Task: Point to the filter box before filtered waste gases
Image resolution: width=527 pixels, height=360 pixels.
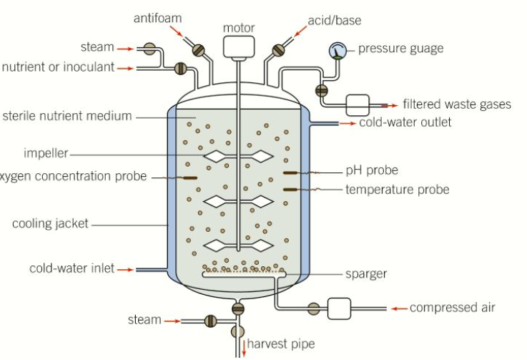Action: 356,104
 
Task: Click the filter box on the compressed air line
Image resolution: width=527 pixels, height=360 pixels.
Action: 338,308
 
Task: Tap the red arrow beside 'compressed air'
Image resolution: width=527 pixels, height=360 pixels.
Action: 398,308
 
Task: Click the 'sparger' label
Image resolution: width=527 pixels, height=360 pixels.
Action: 365,273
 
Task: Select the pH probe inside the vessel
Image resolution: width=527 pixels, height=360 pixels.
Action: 292,172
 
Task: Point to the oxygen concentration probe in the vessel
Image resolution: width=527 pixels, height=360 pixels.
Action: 190,177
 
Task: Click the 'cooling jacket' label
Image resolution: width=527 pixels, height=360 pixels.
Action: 50,224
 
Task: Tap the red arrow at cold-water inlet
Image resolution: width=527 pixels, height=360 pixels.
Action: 125,270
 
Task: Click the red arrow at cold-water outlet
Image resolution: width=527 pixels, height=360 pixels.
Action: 348,123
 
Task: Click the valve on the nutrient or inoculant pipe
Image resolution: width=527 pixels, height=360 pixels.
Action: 180,69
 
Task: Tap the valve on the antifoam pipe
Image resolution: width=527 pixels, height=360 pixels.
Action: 198,49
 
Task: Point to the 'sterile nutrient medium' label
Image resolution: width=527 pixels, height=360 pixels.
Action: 68,116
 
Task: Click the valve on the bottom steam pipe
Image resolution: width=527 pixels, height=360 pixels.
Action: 210,321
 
